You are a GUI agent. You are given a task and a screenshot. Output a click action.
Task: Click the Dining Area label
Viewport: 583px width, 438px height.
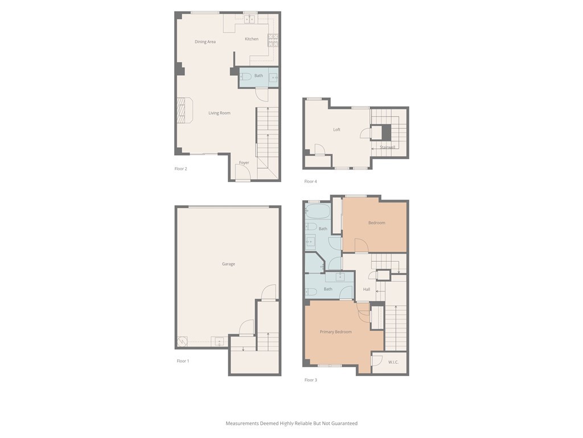(205, 42)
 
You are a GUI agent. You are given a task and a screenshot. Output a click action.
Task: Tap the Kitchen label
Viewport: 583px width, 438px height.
(252, 39)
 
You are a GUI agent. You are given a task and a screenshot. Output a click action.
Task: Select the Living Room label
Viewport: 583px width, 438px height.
(219, 113)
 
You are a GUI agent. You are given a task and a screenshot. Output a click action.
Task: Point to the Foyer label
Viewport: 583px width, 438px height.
(244, 163)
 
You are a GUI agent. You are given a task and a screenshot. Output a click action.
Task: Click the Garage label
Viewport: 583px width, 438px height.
(228, 263)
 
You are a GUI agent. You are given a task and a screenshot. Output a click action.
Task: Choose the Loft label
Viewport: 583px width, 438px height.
(336, 129)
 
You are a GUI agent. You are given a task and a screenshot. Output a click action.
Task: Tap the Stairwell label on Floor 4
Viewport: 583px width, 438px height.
(387, 147)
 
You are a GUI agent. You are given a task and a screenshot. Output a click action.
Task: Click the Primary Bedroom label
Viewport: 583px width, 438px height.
(336, 331)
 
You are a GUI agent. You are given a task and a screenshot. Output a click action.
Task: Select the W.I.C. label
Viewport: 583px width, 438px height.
(393, 362)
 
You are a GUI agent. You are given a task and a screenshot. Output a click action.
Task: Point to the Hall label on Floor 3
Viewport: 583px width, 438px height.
(367, 289)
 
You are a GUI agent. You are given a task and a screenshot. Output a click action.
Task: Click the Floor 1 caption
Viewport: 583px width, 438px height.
(183, 360)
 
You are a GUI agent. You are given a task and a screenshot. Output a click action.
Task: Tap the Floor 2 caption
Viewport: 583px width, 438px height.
(180, 168)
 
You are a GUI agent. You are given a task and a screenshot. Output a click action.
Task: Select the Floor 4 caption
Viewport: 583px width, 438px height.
(310, 181)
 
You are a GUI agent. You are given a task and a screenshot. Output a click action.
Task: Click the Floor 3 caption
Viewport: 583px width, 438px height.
(310, 379)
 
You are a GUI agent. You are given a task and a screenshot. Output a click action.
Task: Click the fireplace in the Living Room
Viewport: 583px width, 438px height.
(184, 110)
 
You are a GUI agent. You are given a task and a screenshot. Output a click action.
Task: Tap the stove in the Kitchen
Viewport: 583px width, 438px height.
(273, 40)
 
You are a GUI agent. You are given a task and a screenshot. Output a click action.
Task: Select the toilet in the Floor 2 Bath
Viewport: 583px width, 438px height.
(245, 77)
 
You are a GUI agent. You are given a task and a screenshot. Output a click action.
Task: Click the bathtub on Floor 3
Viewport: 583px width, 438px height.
(318, 211)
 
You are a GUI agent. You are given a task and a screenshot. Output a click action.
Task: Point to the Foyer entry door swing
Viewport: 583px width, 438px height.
(243, 171)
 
